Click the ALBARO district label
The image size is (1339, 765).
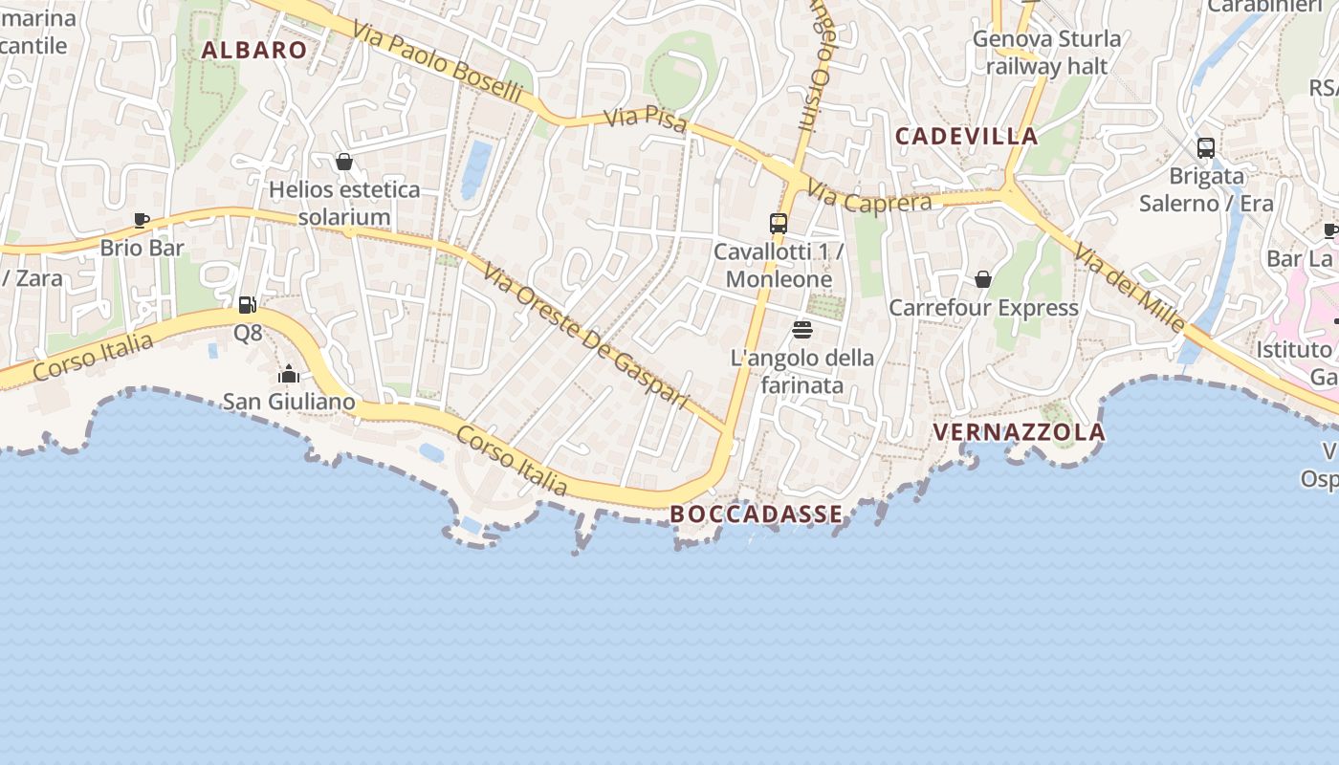254,51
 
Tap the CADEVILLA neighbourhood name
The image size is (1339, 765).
966,136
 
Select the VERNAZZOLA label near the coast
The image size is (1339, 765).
1019,432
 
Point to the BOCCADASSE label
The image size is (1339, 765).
757,514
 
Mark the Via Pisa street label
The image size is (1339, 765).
647,121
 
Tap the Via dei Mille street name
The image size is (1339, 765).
1130,288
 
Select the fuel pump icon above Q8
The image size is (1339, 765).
247,305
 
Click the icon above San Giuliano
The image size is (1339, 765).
289,374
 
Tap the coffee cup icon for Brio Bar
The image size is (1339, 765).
142,221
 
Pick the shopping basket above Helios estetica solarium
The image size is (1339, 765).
344,162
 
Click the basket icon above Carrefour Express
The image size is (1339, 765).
983,279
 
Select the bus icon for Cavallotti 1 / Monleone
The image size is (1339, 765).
779,224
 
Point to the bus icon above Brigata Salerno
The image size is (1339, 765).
1206,148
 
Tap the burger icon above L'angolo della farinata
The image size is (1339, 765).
802,330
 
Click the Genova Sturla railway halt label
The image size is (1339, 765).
1046,53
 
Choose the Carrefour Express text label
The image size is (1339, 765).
983,308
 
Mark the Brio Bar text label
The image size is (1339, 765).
142,249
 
